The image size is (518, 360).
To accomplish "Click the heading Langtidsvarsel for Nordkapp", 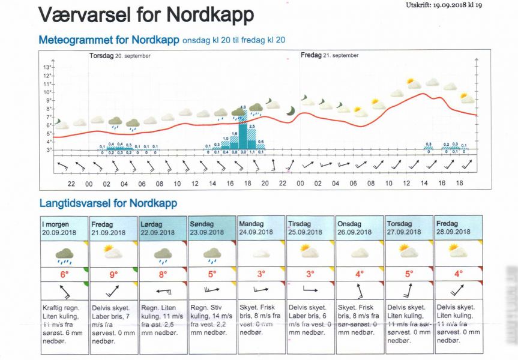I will (108, 203).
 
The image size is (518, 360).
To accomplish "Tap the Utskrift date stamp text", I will (448, 5).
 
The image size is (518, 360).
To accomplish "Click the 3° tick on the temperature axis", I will (49, 149).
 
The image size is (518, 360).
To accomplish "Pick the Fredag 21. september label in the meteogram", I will (330, 55).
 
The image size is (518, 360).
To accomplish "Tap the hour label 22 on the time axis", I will (71, 184).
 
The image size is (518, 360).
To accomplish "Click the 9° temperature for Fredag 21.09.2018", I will (113, 274).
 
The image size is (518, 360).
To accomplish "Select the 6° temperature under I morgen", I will (64, 274).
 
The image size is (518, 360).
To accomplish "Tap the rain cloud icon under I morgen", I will (64, 254).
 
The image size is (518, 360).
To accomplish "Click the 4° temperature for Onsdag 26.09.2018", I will (360, 274).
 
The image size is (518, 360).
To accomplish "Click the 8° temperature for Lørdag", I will (163, 274).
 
